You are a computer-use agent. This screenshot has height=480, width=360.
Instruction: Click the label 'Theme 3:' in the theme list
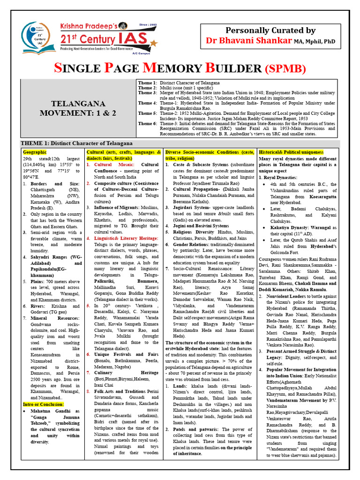148,93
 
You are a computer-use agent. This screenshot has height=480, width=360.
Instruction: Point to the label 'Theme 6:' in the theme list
148,123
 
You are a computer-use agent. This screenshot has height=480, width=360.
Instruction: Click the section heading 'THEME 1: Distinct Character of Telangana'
77,143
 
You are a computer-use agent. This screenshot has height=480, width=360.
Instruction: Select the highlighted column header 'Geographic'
35,152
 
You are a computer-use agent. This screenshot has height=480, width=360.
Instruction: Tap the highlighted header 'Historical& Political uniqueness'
291,152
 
